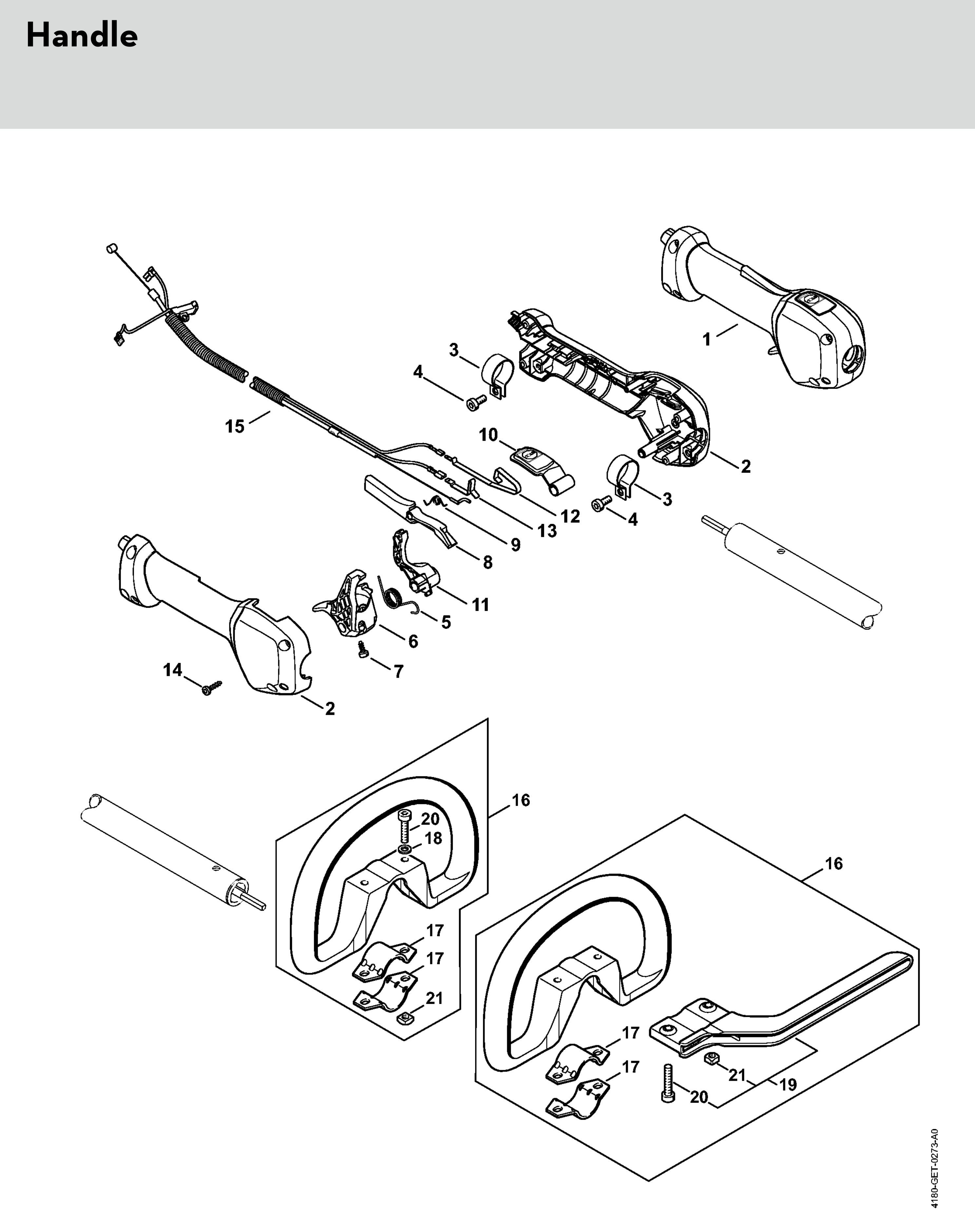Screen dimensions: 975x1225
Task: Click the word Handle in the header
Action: tap(82, 36)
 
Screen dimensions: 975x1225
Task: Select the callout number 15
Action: tap(235, 426)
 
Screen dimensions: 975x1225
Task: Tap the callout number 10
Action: tap(488, 435)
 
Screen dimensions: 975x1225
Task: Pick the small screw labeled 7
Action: tap(362, 650)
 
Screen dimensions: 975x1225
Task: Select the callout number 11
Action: tap(480, 605)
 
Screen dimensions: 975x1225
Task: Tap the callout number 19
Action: tap(788, 1085)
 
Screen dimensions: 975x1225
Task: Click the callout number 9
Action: tap(515, 545)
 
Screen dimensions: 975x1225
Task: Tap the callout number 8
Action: tap(487, 563)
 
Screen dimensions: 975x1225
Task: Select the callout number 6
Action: tap(413, 641)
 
